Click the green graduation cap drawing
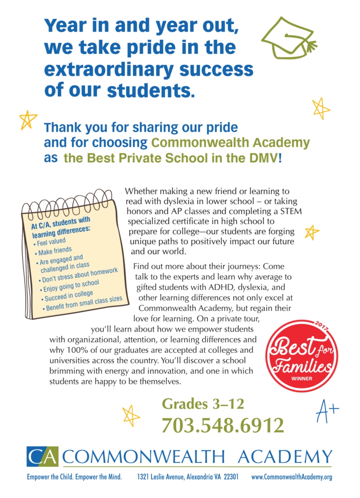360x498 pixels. (x=288, y=37)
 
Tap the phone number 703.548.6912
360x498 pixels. (x=223, y=425)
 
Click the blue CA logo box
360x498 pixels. (x=43, y=457)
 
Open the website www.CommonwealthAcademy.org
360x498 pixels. (x=292, y=477)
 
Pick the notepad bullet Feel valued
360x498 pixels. (x=51, y=242)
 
